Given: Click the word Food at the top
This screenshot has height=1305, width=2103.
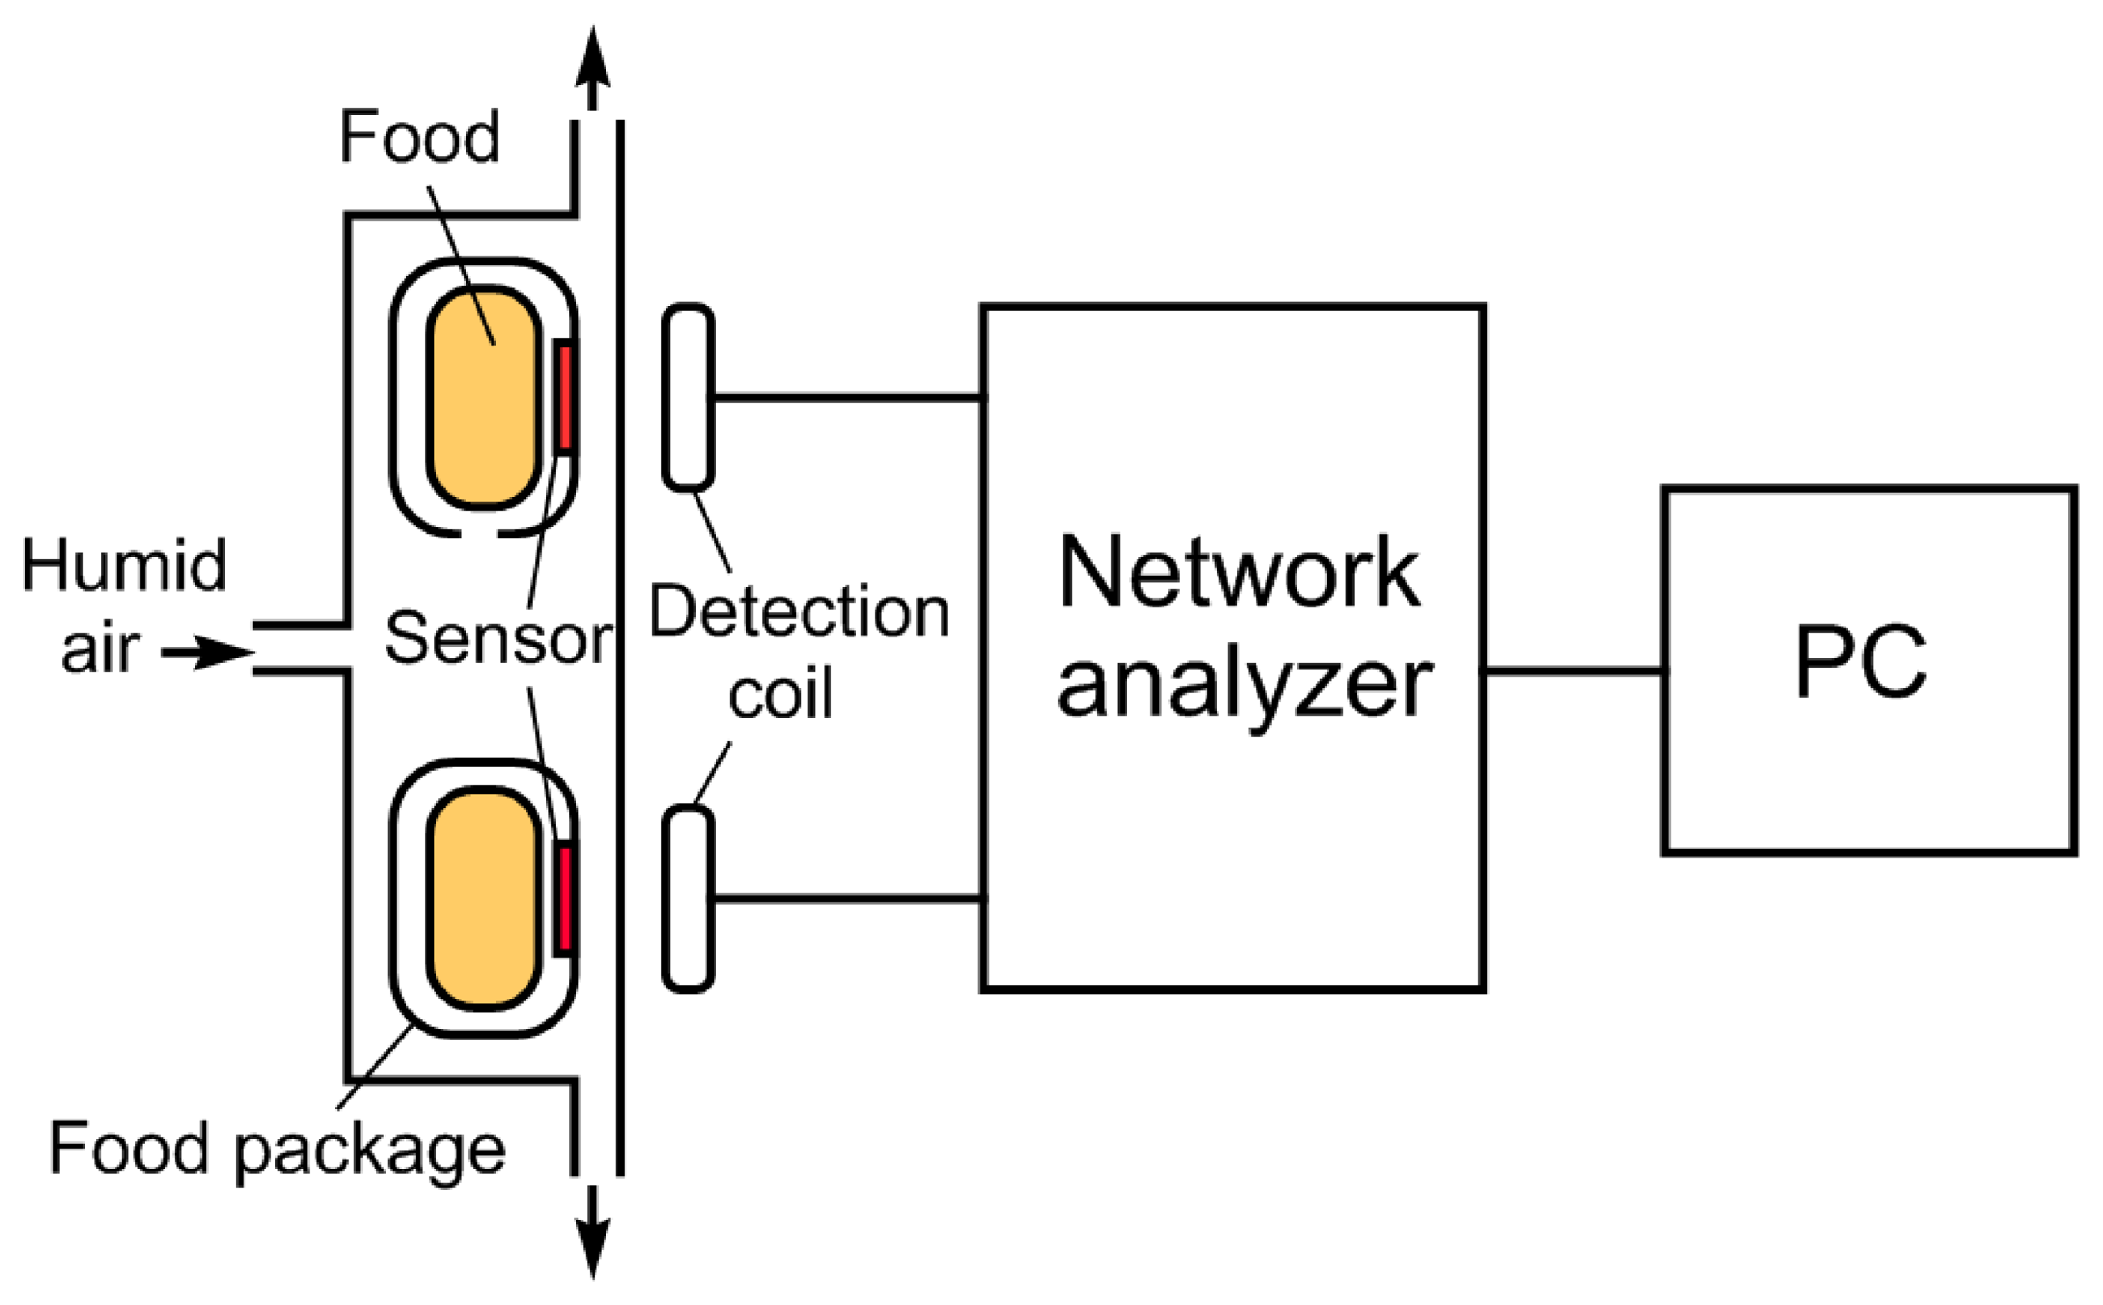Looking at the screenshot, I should [x=419, y=137].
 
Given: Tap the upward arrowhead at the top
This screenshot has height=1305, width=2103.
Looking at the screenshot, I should [x=592, y=59].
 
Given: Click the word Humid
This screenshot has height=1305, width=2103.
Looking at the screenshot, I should [x=125, y=566].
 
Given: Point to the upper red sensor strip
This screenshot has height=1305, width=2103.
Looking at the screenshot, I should [x=565, y=397].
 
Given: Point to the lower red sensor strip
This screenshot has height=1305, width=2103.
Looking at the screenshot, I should [x=565, y=898].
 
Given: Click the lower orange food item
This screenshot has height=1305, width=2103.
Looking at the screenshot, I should [x=484, y=898].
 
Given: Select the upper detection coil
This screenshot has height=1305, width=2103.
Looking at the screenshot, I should [x=687, y=397].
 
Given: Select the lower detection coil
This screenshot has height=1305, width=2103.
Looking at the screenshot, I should [x=687, y=898].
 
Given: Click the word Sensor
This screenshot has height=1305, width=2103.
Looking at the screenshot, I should [x=497, y=638].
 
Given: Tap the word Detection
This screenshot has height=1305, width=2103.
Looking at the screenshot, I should [x=799, y=612].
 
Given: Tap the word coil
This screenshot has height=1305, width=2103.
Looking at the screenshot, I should [x=780, y=695].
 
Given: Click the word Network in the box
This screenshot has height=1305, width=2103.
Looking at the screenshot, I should [x=1237, y=573].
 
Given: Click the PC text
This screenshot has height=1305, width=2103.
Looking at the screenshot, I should [x=1860, y=662].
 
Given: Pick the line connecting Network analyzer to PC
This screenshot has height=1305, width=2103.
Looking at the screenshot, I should [x=1574, y=671].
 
